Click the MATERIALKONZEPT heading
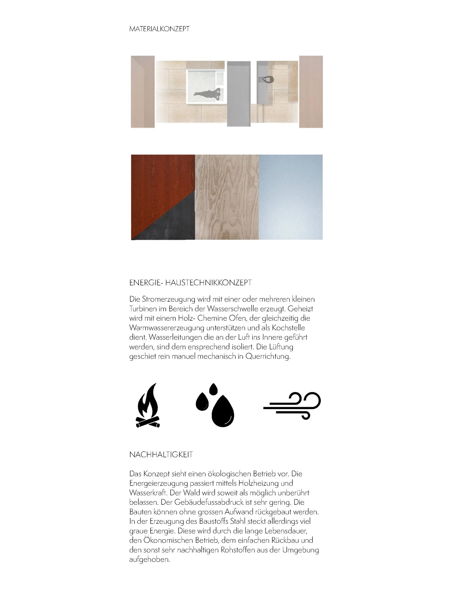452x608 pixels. (159, 29)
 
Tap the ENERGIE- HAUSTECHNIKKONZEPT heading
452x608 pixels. (190, 283)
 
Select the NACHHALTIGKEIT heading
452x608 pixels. (161, 455)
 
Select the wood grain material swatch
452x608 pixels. (227, 197)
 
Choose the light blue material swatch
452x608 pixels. (290, 197)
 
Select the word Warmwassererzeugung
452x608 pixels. (167, 328)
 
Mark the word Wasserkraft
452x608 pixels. (147, 493)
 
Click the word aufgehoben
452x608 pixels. (150, 560)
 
